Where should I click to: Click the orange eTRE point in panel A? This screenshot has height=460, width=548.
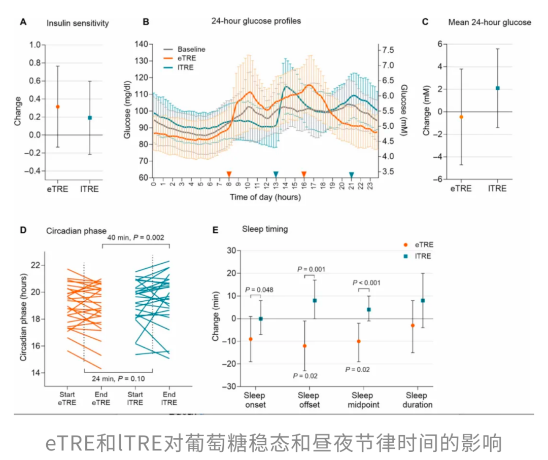point(58,107)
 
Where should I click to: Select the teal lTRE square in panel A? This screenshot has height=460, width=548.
point(90,118)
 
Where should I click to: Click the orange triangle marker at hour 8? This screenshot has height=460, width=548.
point(229,174)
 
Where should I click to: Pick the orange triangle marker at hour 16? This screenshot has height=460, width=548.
point(303,174)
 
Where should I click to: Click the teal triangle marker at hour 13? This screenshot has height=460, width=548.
point(276,174)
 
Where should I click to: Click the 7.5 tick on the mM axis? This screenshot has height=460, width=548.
point(388,50)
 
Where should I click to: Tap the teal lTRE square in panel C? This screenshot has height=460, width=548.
point(497,88)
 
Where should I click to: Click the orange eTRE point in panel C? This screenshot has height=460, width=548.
point(461,117)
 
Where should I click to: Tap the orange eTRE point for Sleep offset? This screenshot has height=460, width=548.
point(305,346)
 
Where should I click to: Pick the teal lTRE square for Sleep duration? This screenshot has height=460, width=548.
point(423,300)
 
